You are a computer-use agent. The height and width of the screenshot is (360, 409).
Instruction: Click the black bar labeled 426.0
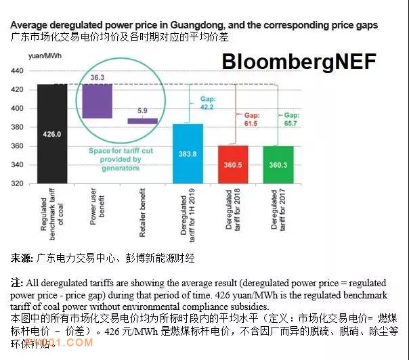[x=52, y=134]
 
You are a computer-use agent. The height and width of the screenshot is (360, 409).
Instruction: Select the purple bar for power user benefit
[x=97, y=101]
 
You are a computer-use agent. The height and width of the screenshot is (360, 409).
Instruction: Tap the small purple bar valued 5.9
[x=143, y=120]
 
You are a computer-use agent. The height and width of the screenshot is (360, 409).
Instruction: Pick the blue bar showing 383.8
[x=188, y=154]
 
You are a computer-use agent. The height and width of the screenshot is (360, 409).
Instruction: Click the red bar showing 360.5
[x=232, y=164]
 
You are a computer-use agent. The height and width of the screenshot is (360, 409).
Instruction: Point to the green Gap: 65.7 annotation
[x=296, y=119]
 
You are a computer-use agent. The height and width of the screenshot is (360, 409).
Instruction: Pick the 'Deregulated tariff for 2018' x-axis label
[x=232, y=210]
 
